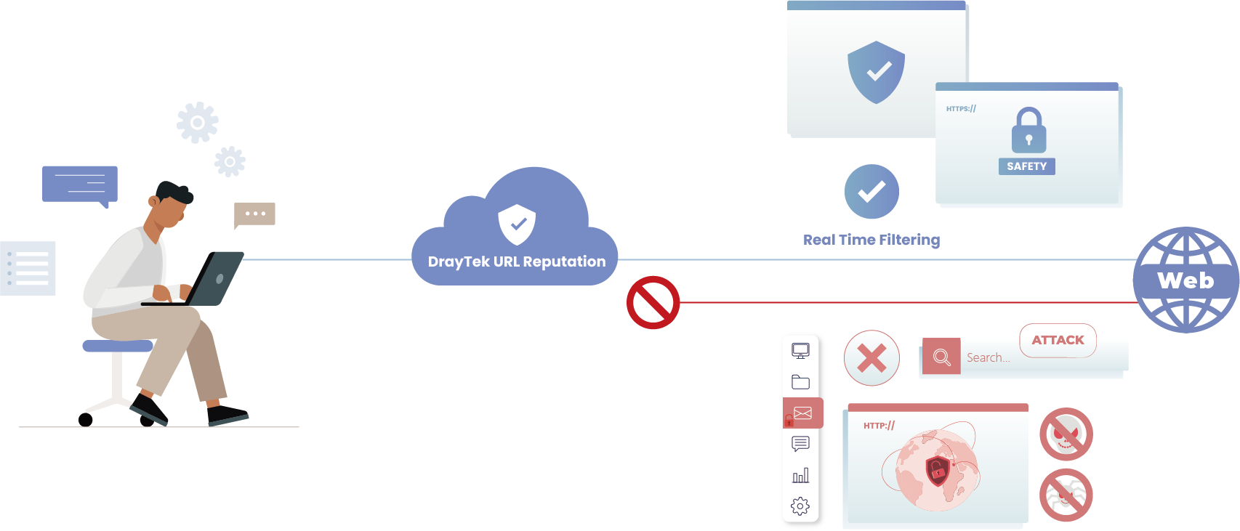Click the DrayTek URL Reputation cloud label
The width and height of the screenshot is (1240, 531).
point(516,262)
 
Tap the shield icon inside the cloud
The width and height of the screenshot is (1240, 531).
point(517,224)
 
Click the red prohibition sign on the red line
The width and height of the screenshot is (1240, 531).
point(653,302)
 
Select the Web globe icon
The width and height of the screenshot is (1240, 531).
point(1185,280)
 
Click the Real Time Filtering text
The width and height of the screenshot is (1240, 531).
point(871,240)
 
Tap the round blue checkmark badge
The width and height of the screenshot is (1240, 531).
point(871,192)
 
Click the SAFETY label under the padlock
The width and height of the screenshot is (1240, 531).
point(1026,166)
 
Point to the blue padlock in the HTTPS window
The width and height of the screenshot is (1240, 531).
point(1028,131)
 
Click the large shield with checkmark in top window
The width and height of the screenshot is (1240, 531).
point(876,72)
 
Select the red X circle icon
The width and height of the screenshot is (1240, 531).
point(871,357)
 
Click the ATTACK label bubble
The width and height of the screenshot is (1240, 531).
point(1058,340)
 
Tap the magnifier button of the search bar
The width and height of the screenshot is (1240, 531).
point(941,357)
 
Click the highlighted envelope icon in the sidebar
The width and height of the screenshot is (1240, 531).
point(802,413)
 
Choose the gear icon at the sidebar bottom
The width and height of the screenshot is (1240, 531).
point(800,506)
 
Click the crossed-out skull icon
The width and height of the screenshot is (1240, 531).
point(1066,434)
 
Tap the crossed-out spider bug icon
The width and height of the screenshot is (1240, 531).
point(1066,495)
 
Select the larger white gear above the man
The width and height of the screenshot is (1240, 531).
point(197,122)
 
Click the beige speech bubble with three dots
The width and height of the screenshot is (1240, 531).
point(254,214)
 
